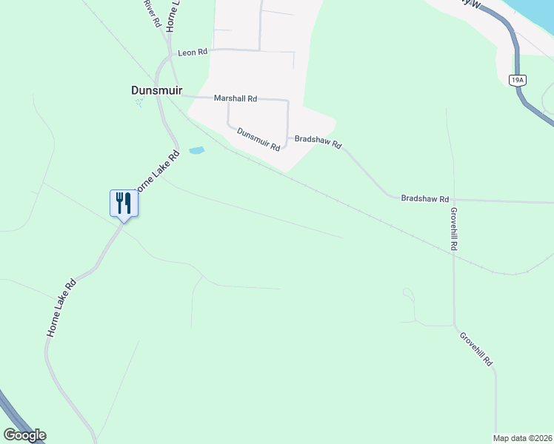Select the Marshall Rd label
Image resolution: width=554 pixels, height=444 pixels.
click(x=235, y=98)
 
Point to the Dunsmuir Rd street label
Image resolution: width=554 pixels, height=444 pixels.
click(x=258, y=138)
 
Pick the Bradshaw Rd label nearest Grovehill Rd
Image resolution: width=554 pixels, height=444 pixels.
click(x=424, y=198)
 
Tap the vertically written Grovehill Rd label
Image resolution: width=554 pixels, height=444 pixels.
click(x=454, y=228)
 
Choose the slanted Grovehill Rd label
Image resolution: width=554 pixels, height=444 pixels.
click(x=476, y=349)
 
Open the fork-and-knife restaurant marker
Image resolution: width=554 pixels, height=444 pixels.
click(x=124, y=202)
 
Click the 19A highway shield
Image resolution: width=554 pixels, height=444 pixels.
click(x=518, y=79)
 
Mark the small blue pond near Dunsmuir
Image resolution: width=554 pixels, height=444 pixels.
click(x=196, y=150)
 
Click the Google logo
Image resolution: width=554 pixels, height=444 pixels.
click(x=24, y=435)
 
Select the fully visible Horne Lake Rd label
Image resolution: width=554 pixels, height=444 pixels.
click(x=61, y=308)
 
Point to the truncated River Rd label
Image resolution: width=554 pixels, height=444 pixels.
click(x=153, y=13)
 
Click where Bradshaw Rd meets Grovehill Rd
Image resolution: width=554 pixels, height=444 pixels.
click(x=453, y=200)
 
